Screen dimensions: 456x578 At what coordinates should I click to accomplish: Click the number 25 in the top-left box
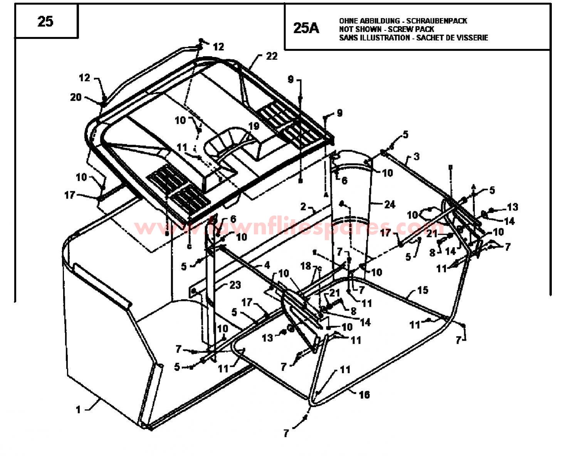click(x=45, y=21)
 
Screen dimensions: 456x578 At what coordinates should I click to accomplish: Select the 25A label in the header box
click(x=306, y=28)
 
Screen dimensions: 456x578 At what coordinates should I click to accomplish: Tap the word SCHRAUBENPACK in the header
click(x=437, y=21)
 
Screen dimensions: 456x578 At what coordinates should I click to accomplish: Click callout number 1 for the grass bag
click(x=79, y=409)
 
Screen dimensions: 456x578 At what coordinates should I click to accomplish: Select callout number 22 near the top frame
click(x=271, y=56)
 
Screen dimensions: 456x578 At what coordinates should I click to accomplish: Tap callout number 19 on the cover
click(x=254, y=126)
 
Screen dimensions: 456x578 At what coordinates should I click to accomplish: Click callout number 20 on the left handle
click(x=76, y=97)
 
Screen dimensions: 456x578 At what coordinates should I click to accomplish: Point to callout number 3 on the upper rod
click(x=417, y=157)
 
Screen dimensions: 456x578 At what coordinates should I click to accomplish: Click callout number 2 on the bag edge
click(x=303, y=207)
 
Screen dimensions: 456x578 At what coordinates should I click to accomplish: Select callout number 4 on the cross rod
click(x=267, y=265)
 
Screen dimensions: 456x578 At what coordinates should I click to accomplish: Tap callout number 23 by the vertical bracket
click(x=235, y=285)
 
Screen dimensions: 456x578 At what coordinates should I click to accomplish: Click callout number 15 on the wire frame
click(x=422, y=290)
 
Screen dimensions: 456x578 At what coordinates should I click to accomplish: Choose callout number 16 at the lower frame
click(x=364, y=394)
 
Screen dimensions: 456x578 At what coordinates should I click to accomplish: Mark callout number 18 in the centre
click(x=306, y=266)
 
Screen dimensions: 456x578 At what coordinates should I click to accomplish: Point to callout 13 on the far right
click(x=512, y=207)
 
